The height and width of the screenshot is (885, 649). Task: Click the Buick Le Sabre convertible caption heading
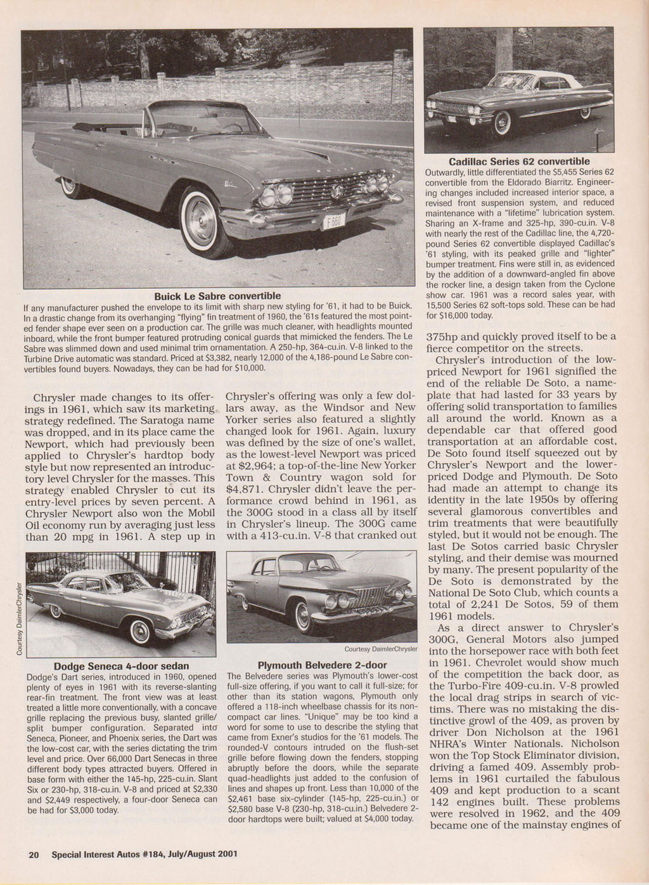tap(218, 296)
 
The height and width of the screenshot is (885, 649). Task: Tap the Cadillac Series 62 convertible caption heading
tap(519, 162)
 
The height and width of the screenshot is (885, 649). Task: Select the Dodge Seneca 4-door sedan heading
tap(122, 666)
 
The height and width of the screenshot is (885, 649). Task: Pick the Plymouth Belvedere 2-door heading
tap(322, 665)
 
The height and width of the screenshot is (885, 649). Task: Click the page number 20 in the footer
tap(34, 853)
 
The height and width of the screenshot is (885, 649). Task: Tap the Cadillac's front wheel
tap(504, 122)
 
